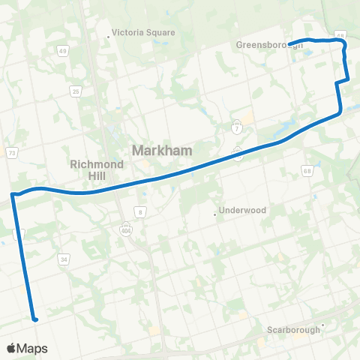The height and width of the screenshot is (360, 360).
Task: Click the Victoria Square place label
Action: point(143,33)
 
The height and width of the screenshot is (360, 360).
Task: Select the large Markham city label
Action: point(162,150)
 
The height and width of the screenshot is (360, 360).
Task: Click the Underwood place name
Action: point(243,211)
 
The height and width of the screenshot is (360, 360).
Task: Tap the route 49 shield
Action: point(62,50)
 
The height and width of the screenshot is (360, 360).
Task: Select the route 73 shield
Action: point(13,152)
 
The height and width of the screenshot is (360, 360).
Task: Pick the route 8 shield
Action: point(140,212)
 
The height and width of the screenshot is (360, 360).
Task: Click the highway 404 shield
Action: point(126,227)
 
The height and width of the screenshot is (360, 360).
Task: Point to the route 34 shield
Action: point(64,259)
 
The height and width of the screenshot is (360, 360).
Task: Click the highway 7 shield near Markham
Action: point(237,124)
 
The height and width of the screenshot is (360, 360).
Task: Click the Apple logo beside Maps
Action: point(12,348)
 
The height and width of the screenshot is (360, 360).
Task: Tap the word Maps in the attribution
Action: point(33,348)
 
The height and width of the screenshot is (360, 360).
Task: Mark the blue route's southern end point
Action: point(34,319)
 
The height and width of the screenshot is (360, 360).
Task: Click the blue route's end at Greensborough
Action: point(289,43)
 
